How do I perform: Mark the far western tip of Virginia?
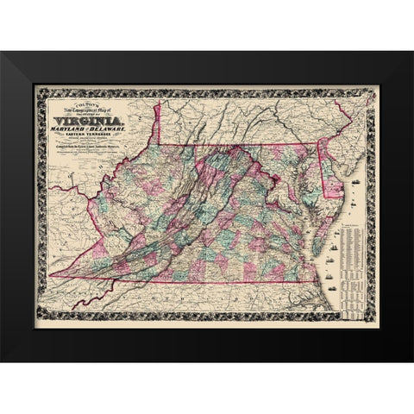52,276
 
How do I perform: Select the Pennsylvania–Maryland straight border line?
259,145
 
